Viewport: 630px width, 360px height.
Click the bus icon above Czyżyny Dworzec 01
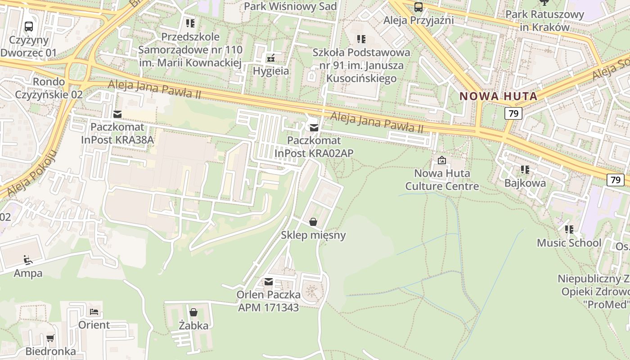pos(29,26)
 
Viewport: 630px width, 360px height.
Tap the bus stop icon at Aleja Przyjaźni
pos(418,7)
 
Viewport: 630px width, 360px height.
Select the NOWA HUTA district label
pos(499,96)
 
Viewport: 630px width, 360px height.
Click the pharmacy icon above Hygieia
pos(271,58)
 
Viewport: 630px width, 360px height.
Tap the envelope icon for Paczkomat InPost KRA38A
pos(117,114)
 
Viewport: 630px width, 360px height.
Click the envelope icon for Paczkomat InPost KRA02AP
pos(314,128)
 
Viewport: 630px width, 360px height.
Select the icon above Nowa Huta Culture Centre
pos(442,160)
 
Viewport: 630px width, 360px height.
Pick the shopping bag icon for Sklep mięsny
pos(313,222)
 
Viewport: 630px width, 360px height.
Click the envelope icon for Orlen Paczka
pos(269,282)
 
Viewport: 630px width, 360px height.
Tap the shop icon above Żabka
pos(193,312)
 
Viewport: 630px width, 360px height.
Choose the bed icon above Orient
pos(94,311)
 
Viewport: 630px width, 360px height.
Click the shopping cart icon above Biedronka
pos(50,338)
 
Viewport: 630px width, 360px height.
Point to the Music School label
pos(569,243)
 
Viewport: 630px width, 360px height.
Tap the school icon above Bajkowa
pos(525,170)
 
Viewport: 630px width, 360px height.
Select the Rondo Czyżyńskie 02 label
pos(49,88)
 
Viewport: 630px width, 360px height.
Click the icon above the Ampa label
pos(28,260)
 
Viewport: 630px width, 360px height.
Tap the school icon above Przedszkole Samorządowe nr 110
pos(190,23)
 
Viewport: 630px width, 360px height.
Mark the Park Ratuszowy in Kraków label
pos(544,20)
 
